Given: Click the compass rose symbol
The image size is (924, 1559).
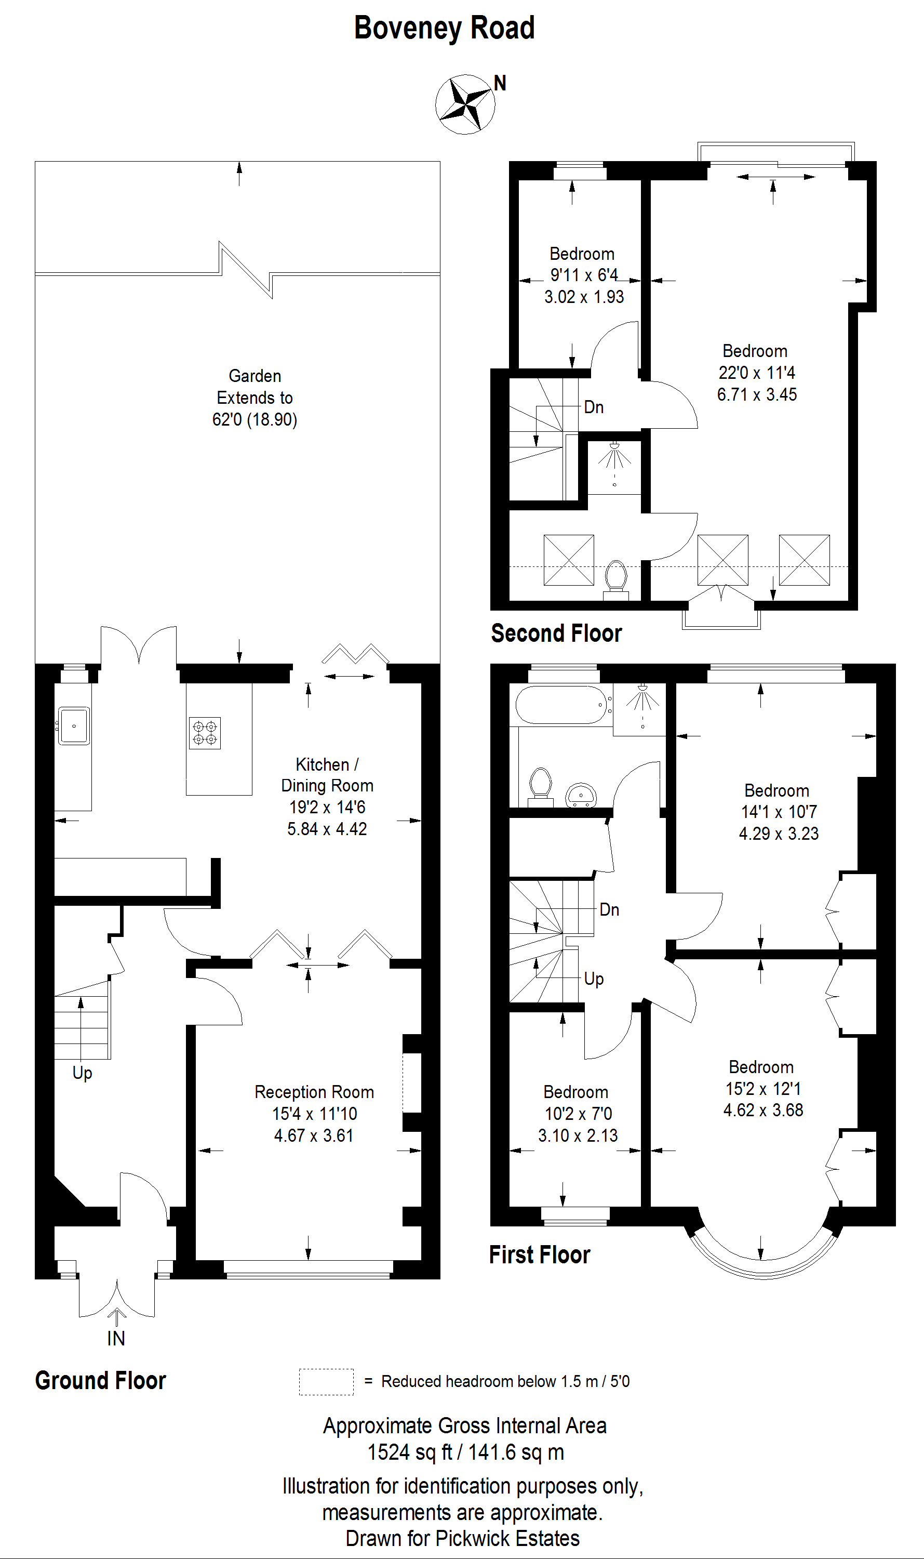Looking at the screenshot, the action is [465, 104].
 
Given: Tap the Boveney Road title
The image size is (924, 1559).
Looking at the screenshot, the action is [445, 28].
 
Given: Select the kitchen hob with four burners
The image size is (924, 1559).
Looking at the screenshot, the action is [205, 733].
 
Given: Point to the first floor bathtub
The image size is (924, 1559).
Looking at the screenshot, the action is [561, 705].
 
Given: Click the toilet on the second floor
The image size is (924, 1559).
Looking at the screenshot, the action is [616, 579].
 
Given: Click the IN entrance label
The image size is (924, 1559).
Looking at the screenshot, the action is [116, 1339].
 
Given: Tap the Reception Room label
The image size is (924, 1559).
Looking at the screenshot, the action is [314, 1092].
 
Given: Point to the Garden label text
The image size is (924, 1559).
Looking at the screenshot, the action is [255, 376].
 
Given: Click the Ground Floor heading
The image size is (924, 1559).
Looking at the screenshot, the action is [100, 1380].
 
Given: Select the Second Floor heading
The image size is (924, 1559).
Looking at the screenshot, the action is [556, 633].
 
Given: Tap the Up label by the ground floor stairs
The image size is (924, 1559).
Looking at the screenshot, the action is [82, 1073].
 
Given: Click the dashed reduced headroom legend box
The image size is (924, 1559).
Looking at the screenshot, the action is [326, 1381].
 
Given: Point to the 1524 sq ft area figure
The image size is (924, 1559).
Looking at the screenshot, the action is [409, 1452].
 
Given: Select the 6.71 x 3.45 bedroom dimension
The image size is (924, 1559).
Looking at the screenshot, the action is [757, 394].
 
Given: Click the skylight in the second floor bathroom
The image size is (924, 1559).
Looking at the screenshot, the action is [568, 560].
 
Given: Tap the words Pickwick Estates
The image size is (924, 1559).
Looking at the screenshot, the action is [507, 1538].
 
